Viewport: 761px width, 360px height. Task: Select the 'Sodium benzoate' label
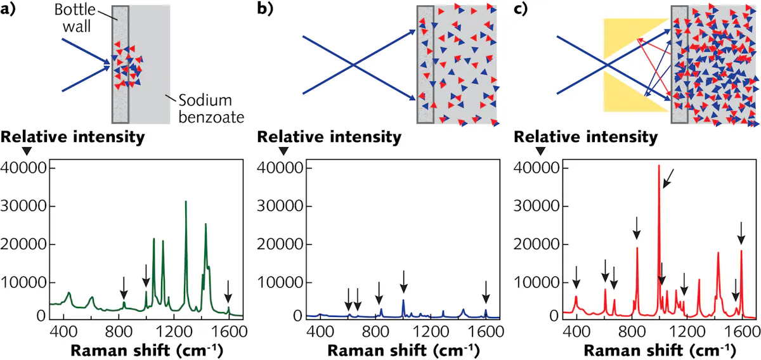204,110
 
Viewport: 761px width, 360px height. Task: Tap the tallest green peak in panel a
186,203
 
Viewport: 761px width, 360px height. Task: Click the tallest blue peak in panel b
403,301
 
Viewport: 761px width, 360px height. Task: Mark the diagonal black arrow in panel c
668,179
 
